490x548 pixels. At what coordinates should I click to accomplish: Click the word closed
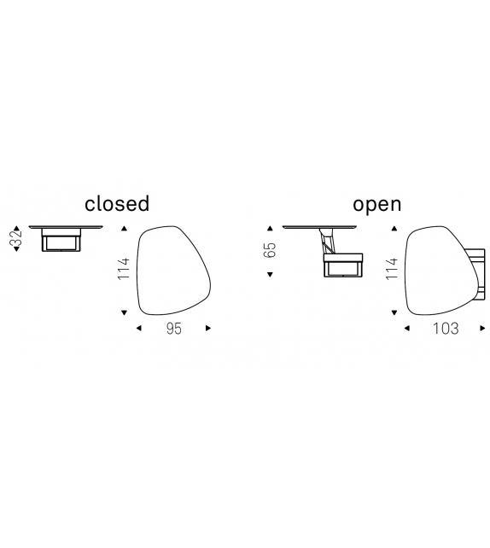(117, 203)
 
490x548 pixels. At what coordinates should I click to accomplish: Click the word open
(376, 205)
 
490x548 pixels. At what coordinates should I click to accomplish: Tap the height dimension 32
(16, 238)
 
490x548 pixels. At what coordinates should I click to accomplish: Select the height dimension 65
(270, 249)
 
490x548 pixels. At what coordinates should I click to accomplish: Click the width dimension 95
(174, 329)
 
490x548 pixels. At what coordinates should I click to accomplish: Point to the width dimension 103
(446, 329)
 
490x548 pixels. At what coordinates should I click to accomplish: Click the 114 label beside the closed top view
(124, 269)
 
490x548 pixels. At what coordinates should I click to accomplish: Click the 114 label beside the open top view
(392, 269)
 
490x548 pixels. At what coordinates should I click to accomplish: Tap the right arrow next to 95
(208, 328)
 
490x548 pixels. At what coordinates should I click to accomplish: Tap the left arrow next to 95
(139, 328)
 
